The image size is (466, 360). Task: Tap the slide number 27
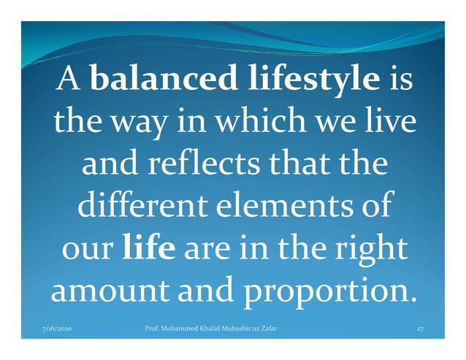point(420,329)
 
